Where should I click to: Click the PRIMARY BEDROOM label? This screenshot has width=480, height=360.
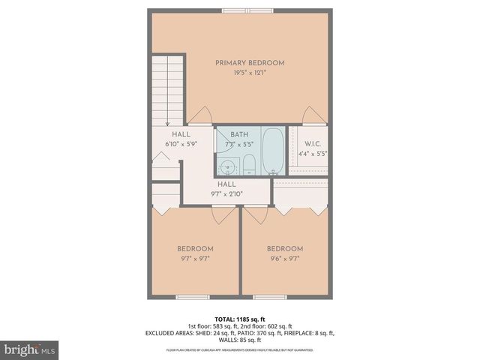(x=250, y=62)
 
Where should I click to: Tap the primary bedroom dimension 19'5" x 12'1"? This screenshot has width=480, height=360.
(x=250, y=73)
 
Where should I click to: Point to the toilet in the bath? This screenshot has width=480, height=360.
(x=250, y=165)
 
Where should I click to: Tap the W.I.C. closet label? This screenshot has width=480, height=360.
(x=313, y=144)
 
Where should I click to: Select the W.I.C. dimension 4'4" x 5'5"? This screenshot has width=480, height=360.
(x=313, y=154)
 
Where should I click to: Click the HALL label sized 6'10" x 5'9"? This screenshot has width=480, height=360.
(x=181, y=134)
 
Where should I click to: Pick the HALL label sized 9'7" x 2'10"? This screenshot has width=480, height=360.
(x=226, y=184)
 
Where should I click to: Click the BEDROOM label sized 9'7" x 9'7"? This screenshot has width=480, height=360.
(x=195, y=248)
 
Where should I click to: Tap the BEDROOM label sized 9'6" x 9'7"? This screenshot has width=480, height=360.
(x=285, y=248)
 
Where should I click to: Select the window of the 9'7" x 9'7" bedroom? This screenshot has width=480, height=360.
(x=192, y=297)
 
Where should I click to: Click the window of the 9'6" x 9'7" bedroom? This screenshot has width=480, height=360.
(x=270, y=297)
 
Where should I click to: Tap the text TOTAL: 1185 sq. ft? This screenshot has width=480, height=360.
(x=240, y=319)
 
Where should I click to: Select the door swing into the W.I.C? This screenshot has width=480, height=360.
(x=313, y=116)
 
